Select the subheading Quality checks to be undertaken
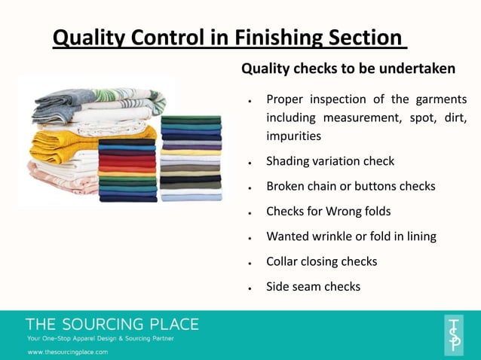pos(348,69)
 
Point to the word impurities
pos(294,136)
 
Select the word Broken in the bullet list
pos(286,186)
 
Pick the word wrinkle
pos(335,236)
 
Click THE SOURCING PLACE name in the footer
pos(112,325)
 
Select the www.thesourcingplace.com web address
pos(68,352)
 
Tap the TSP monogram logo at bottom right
pos(454,334)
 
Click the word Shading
pos(290,161)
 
